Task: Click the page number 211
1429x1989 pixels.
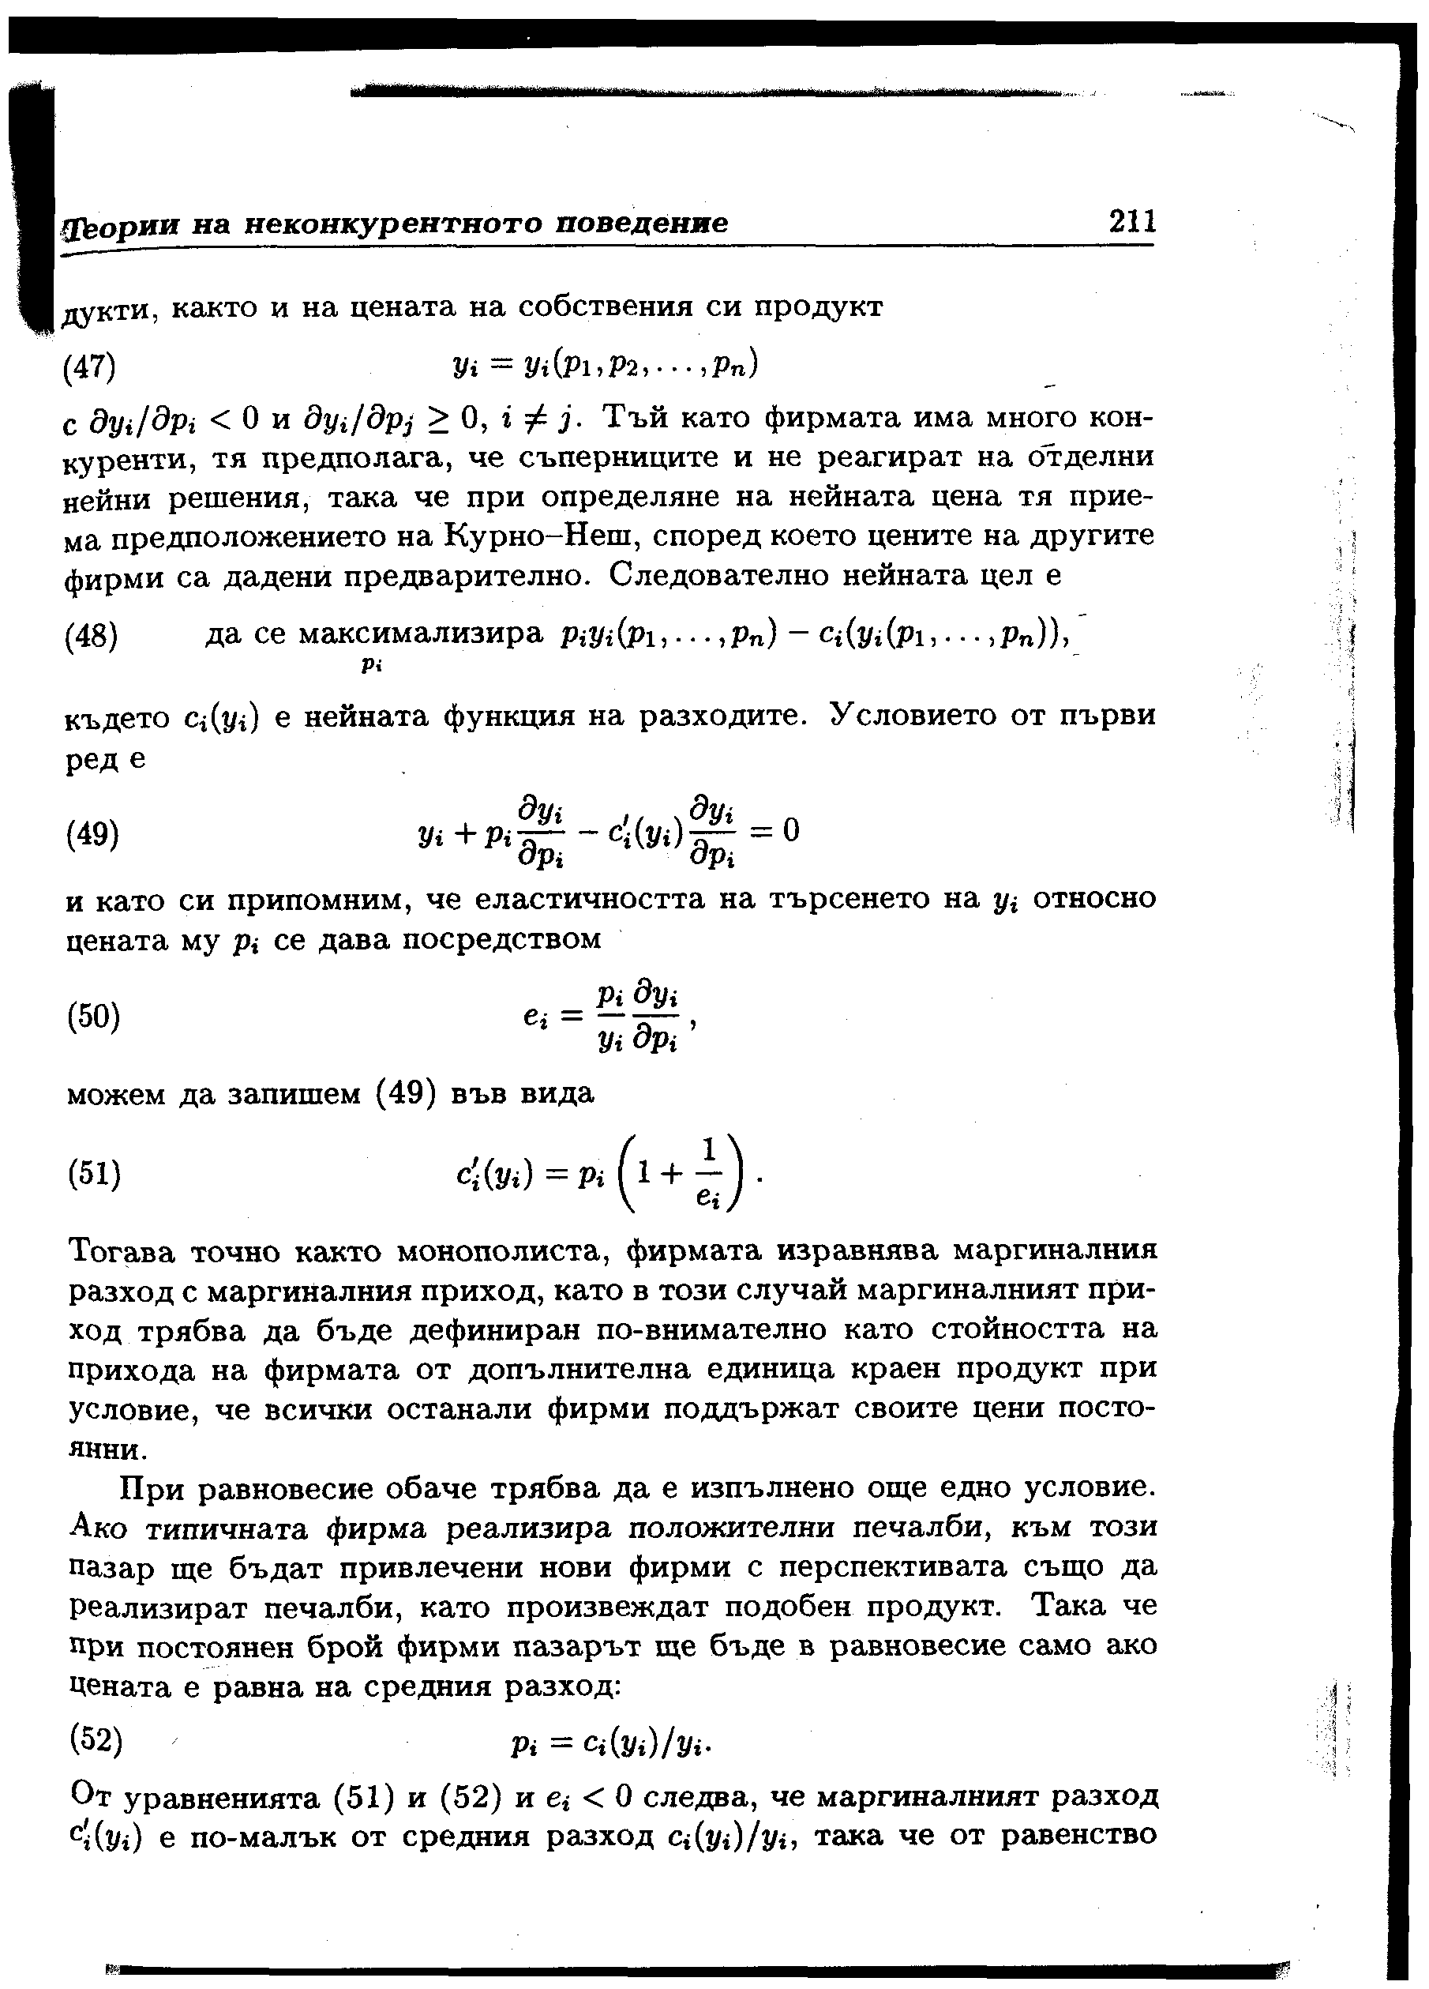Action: pos(1132,220)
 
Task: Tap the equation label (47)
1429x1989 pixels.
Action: pos(90,366)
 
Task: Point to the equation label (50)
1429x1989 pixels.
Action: pos(93,1017)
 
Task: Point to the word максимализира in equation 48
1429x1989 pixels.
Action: pos(421,634)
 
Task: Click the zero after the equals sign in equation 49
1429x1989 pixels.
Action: pos(792,829)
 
